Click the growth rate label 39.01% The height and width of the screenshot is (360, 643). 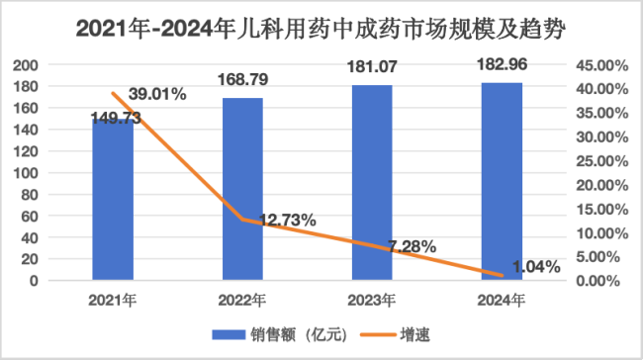coord(154,96)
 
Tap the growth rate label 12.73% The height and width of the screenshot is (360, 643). coord(283,220)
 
